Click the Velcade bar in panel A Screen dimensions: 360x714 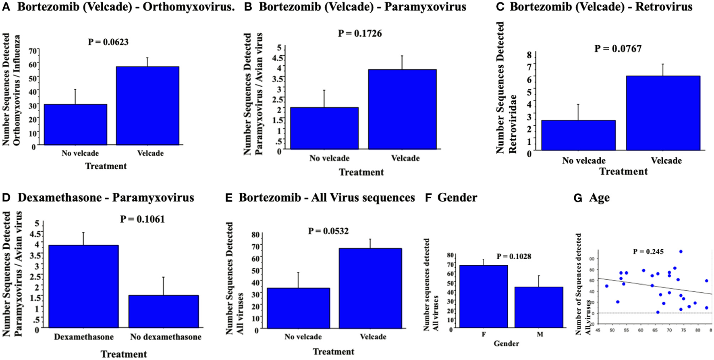pos(147,106)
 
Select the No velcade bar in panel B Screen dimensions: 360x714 pos(324,128)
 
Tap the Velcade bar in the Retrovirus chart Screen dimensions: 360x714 pos(663,113)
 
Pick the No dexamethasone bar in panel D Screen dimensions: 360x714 pos(164,311)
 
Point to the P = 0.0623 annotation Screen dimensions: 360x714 pos(108,42)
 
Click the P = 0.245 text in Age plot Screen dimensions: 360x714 pos(648,252)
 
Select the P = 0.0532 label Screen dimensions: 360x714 pos(328,231)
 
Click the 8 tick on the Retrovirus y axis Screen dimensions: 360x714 pos(529,55)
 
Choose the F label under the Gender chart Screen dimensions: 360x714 pos(484,334)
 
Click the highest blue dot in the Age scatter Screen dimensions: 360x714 pos(681,252)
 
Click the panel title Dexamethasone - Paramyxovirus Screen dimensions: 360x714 pos(106,198)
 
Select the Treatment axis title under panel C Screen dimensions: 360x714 pos(623,171)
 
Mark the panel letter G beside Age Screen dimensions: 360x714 pos(578,198)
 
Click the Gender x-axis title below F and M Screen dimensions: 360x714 pos(506,343)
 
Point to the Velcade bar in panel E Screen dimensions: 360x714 pos(370,288)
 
